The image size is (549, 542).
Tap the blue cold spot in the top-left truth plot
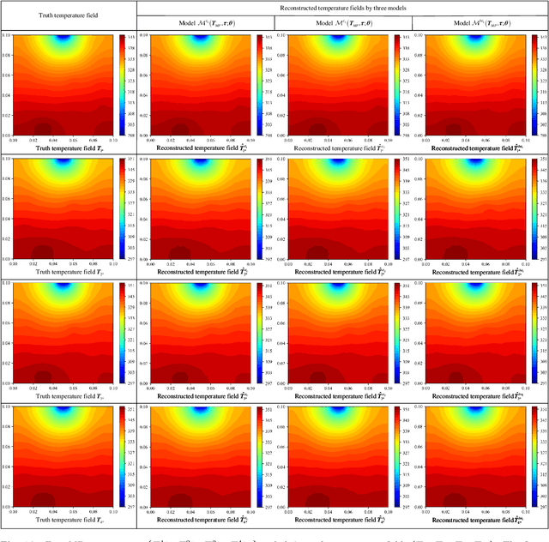[64, 38]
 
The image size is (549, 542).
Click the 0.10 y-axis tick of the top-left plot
[7, 35]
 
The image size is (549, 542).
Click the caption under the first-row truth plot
[65, 148]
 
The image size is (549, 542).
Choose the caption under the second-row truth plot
[65, 271]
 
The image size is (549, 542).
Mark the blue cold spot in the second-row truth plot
[64, 161]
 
